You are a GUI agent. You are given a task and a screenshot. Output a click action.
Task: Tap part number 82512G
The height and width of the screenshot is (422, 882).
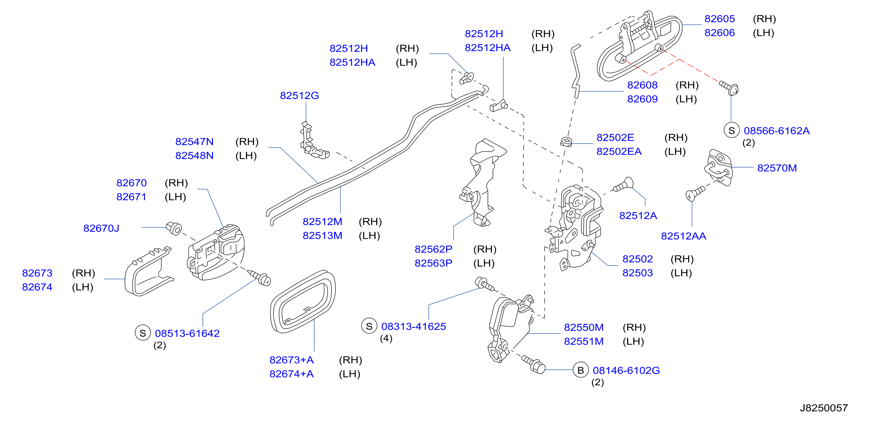coord(299,96)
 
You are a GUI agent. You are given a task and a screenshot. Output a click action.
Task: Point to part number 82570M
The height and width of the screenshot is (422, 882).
coord(777,168)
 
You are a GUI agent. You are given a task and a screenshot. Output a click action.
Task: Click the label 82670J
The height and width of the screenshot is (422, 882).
coord(101,228)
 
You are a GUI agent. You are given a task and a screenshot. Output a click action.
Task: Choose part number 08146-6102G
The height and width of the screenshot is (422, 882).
coord(626,370)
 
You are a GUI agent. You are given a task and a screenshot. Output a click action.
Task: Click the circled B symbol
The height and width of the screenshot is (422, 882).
coord(581,370)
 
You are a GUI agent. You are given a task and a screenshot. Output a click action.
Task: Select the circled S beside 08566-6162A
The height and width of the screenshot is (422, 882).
coord(732,131)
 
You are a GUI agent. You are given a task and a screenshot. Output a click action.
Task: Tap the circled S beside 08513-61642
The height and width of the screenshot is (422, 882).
coord(143,333)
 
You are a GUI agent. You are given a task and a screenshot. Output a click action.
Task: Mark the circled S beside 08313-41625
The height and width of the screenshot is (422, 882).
coord(369,326)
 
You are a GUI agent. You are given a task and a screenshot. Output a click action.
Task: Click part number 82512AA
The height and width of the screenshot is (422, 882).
coord(683,236)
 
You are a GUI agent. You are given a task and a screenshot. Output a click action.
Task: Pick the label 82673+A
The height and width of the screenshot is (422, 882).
coord(291,360)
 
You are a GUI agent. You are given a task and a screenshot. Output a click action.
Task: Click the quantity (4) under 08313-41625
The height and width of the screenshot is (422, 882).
coord(386,338)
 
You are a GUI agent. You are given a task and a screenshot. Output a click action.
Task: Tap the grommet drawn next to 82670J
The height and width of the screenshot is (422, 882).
coord(174,228)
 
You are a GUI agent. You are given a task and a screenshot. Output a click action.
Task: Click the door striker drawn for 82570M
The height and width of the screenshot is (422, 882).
coord(718,168)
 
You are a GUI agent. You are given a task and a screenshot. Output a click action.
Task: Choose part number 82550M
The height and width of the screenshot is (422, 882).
coord(584,328)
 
